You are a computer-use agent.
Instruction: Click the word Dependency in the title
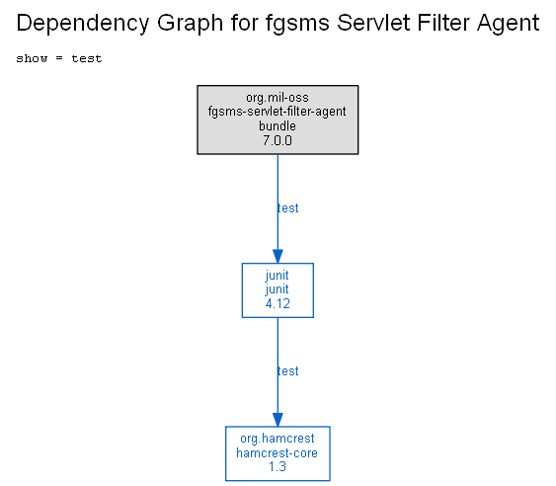tap(83, 24)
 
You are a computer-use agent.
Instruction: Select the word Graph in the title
tap(190, 24)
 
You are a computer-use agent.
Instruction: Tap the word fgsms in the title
tap(297, 24)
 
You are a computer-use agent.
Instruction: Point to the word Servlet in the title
tap(373, 23)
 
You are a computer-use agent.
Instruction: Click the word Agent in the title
tap(509, 24)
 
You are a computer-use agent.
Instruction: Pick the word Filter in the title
tap(443, 23)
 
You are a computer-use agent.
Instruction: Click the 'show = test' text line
tap(59, 58)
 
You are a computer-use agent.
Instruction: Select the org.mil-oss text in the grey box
tap(278, 98)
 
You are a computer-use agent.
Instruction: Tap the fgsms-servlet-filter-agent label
tap(277, 112)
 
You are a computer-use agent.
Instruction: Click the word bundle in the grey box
tap(278, 125)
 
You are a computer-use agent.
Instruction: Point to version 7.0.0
tap(278, 140)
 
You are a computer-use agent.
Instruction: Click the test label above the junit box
tap(288, 208)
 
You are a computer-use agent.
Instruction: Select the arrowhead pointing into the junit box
tap(278, 256)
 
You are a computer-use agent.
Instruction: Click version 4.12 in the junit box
tap(278, 303)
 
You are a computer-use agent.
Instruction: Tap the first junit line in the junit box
tap(278, 276)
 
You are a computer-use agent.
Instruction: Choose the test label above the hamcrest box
tap(288, 371)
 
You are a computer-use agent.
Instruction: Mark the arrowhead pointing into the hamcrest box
tap(278, 420)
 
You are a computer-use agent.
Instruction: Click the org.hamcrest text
tap(278, 439)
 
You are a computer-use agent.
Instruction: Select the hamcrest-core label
tap(277, 453)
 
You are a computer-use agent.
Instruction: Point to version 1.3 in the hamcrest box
tap(278, 467)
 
